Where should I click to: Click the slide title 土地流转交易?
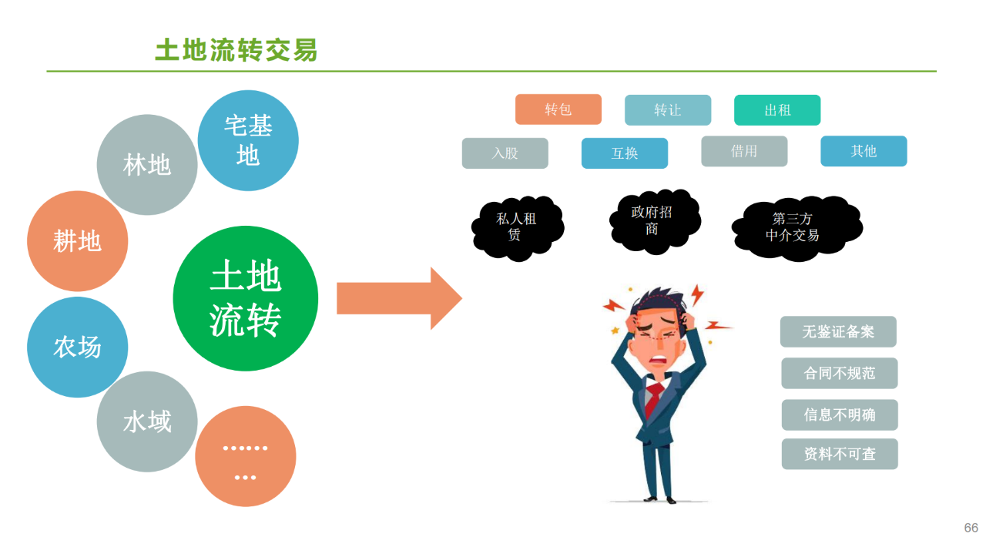pos(236,50)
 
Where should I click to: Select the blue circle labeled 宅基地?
pos(248,140)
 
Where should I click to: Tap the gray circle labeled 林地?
pos(147,164)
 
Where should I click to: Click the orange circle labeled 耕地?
pos(77,240)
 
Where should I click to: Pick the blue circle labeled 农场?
pos(77,347)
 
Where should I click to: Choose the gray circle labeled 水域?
pos(147,421)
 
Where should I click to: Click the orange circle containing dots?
pos(245,456)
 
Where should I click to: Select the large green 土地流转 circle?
pos(245,298)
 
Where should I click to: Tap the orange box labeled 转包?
pos(558,109)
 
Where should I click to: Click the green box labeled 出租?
pos(776,110)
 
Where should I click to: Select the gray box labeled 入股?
pos(505,153)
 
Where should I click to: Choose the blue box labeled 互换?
pos(624,153)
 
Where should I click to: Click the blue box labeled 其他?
pos(863,151)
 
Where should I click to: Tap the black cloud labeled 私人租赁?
pos(517,227)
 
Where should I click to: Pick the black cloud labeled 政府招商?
pos(654,220)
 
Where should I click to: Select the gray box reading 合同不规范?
pos(839,374)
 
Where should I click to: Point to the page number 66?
pos(971,528)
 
